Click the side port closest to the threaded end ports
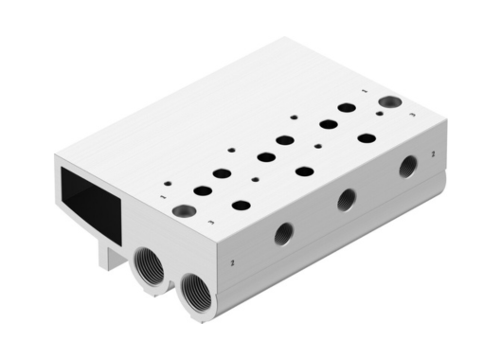pos(283,233)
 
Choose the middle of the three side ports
pos(347,199)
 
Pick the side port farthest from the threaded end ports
pos(407,167)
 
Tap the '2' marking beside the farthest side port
pos(432,152)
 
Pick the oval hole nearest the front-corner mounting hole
pos(203,190)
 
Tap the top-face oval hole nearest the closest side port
pos(242,205)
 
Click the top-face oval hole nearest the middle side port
pos(305,171)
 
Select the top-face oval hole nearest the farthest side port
pos(367,138)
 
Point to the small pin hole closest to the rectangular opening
pos(168,183)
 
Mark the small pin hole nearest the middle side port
pos(317,147)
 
